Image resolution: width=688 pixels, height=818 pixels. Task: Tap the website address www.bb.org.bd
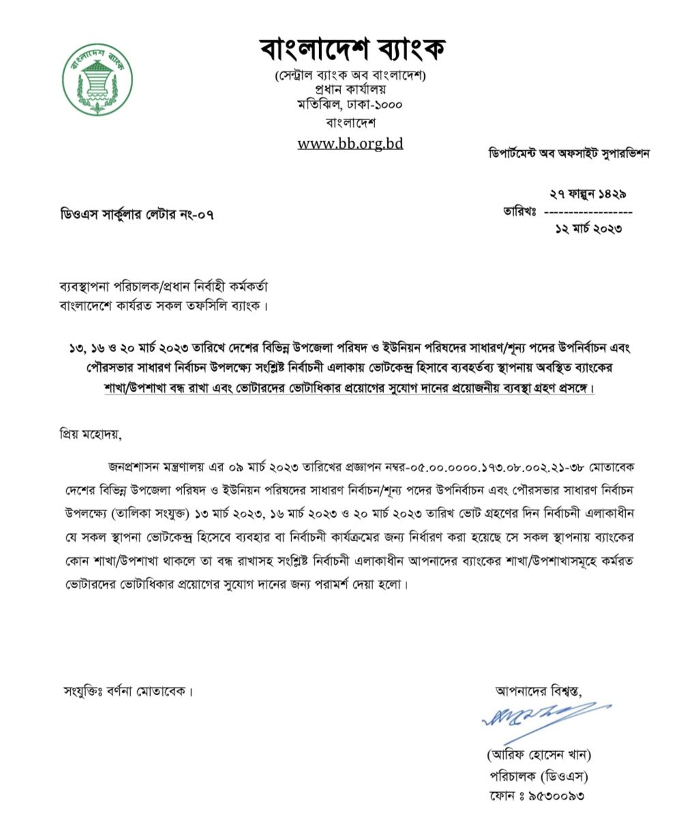(350, 143)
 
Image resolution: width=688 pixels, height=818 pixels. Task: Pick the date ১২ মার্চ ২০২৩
(588, 229)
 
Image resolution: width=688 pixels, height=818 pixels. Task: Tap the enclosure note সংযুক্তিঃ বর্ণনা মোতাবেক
(127, 691)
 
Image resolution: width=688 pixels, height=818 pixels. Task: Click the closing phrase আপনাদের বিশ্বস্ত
(539, 690)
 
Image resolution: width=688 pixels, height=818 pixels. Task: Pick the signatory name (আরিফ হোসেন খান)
(538, 755)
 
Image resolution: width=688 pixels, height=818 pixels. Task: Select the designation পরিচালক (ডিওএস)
(538, 776)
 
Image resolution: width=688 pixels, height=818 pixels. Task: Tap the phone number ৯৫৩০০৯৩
(555, 795)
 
